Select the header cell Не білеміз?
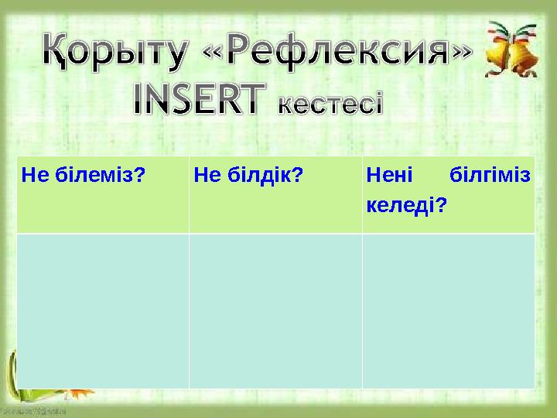click(x=102, y=194)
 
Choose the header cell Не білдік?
click(x=275, y=194)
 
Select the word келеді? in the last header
click(x=407, y=206)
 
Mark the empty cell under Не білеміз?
click(x=102, y=310)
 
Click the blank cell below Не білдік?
click(x=275, y=310)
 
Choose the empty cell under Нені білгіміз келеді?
click(x=448, y=310)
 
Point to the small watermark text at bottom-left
click(x=32, y=411)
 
